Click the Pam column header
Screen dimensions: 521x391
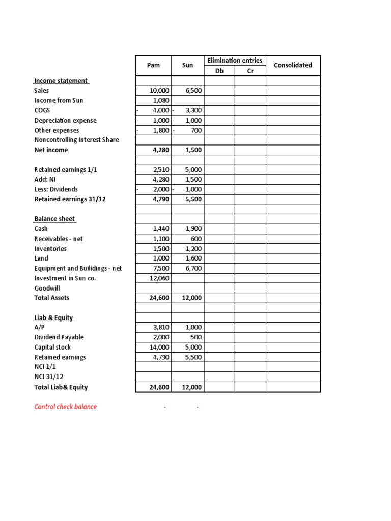[x=153, y=65]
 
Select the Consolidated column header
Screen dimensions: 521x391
[x=293, y=65]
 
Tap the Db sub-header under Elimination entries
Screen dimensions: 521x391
[x=219, y=71]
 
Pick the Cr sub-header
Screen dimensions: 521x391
[x=250, y=71]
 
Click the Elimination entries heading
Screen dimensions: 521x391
[x=235, y=61]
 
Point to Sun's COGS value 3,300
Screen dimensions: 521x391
[x=193, y=110]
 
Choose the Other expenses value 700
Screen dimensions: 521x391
[x=195, y=130]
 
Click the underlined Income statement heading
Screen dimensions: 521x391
[x=61, y=81]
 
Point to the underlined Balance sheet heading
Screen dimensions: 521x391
[x=55, y=219]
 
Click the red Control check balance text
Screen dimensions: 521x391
[x=65, y=407]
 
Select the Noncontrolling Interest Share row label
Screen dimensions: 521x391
[x=76, y=140]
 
